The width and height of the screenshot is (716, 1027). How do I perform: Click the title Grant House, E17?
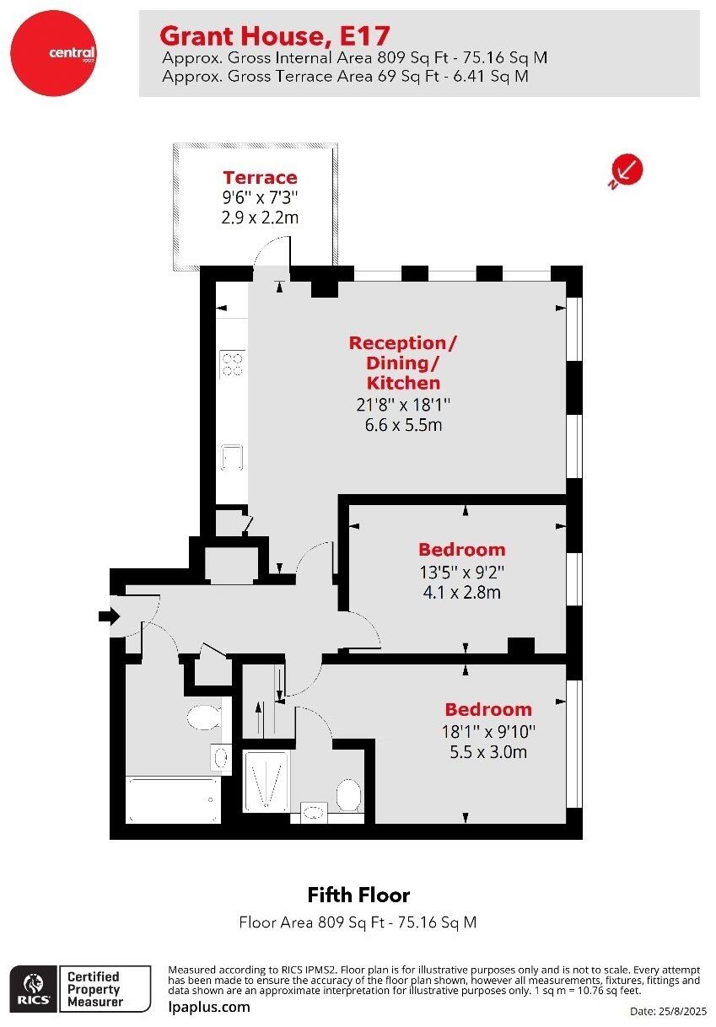[275, 36]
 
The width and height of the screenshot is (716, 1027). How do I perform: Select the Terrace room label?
[260, 177]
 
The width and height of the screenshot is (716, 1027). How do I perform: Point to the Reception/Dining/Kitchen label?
[403, 363]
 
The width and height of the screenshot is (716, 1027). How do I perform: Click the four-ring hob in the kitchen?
[231, 363]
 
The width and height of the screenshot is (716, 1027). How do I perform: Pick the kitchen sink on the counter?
[230, 457]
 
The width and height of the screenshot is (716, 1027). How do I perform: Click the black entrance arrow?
[109, 616]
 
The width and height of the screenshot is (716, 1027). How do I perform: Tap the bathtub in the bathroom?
[173, 798]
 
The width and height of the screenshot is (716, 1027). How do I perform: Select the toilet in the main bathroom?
[202, 718]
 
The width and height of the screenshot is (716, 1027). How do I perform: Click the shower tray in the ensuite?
[266, 780]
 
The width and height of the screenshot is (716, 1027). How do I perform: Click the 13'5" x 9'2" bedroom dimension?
[461, 571]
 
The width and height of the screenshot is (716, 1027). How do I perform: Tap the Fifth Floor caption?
[358, 895]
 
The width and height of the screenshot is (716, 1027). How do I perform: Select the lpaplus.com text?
[209, 1007]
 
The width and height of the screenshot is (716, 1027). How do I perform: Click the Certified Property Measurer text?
[94, 989]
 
